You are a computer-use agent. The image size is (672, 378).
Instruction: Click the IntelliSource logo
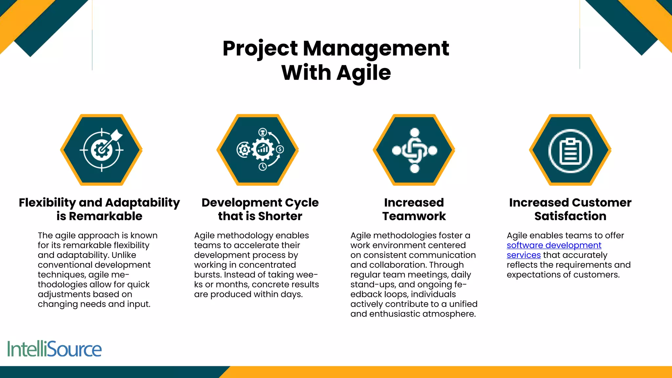pyautogui.click(x=54, y=349)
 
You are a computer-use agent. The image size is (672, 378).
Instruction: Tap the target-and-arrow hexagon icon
pyautogui.click(x=101, y=150)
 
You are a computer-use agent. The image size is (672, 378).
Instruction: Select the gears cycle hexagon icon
pyautogui.click(x=258, y=150)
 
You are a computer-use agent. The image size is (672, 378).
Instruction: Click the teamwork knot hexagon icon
pyautogui.click(x=414, y=150)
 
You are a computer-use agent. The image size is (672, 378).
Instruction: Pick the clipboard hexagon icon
pyautogui.click(x=570, y=150)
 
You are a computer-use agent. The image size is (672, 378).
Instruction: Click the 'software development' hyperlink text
pyautogui.click(x=554, y=245)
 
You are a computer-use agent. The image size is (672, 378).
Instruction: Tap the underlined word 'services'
pyautogui.click(x=523, y=255)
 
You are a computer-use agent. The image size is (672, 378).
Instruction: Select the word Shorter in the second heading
pyautogui.click(x=280, y=216)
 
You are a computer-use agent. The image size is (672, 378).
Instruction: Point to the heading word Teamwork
pyautogui.click(x=414, y=216)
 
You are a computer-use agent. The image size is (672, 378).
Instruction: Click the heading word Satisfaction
pyautogui.click(x=570, y=216)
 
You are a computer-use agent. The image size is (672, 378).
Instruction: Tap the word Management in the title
pyautogui.click(x=376, y=49)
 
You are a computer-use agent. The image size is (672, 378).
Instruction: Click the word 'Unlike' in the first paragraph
pyautogui.click(x=124, y=255)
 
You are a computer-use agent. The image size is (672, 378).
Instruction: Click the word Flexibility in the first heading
pyautogui.click(x=47, y=203)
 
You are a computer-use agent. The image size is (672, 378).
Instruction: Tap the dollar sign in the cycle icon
pyautogui.click(x=280, y=149)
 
